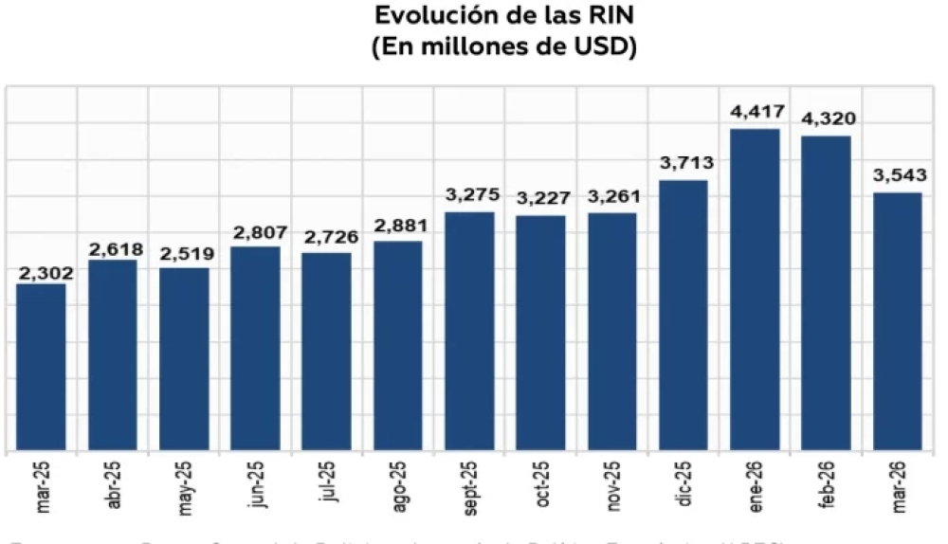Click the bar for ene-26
point(755,289)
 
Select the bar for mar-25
point(42,367)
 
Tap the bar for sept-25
point(469,331)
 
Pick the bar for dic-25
point(684,315)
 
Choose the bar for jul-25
point(327,351)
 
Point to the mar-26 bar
point(897,321)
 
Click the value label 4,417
point(755,113)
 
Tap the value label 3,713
point(684,164)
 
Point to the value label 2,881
point(398,226)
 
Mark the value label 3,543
point(897,176)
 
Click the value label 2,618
point(114,249)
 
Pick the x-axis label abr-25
point(115,486)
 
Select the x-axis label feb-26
point(827,486)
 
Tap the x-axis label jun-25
point(257,486)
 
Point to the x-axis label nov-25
point(612,486)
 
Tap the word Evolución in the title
point(423,17)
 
